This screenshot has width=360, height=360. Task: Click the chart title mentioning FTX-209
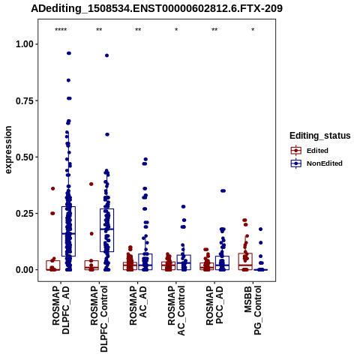[x=157, y=8]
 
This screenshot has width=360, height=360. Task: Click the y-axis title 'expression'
[x=8, y=150]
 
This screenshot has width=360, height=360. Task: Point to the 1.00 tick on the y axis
[x=25, y=44]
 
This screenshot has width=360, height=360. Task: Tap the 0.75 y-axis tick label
[x=25, y=100]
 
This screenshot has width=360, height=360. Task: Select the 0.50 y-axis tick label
[x=25, y=157]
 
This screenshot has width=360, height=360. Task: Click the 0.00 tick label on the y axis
[x=25, y=270]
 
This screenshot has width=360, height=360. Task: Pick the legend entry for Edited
[x=310, y=151]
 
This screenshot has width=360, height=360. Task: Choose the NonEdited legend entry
[x=316, y=163]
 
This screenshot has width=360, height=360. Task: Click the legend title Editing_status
[x=320, y=136]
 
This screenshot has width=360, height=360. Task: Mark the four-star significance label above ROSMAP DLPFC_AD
[x=61, y=30]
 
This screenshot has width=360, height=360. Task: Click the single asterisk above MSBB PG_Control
[x=253, y=30]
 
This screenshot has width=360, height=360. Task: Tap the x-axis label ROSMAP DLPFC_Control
[x=99, y=319]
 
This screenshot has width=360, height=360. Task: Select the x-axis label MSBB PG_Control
[x=253, y=310]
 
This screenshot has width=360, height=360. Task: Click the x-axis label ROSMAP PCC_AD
[x=214, y=305]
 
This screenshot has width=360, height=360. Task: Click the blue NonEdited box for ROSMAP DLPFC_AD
[x=68, y=231]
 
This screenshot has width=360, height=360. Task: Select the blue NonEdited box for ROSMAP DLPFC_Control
[x=106, y=230]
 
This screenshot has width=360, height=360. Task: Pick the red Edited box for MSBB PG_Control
[x=245, y=262]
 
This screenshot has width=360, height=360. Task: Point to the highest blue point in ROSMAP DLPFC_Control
[x=106, y=55]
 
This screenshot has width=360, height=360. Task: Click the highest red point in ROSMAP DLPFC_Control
[x=91, y=184]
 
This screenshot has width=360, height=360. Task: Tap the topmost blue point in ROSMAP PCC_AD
[x=223, y=191]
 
